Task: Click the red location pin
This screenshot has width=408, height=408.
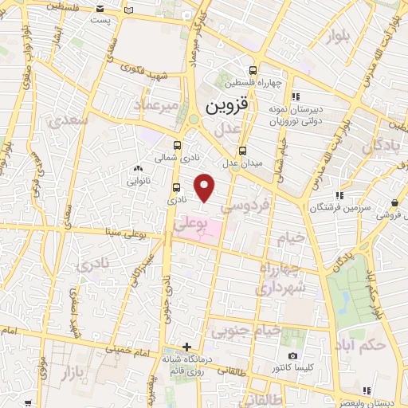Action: [206, 187]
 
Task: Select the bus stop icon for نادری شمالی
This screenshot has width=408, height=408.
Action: [176, 146]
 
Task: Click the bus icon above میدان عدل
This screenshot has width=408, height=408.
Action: [243, 150]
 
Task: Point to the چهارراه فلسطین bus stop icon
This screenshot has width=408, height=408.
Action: [253, 70]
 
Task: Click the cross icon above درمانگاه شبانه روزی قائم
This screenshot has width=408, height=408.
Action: [186, 347]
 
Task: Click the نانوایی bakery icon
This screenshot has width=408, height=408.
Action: [138, 168]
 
